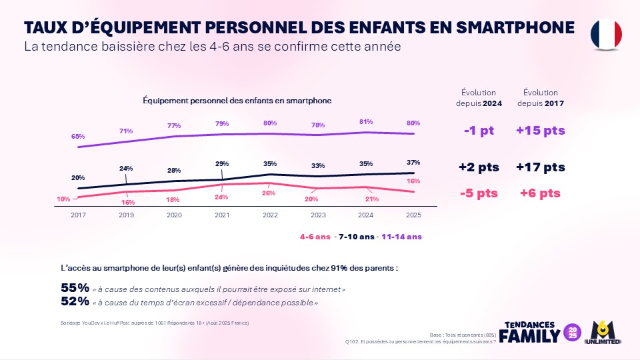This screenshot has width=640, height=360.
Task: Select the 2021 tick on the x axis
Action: pyautogui.click(x=222, y=215)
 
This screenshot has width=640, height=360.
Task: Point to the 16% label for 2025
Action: pyautogui.click(x=413, y=181)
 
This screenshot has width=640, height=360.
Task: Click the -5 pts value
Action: pyautogui.click(x=479, y=193)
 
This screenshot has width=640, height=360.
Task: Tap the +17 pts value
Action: pyautogui.click(x=540, y=167)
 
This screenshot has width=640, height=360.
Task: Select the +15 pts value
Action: pyautogui.click(x=540, y=131)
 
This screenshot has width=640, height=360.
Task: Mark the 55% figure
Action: pyautogui.click(x=75, y=289)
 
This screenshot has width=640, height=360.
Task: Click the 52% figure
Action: pyautogui.click(x=75, y=301)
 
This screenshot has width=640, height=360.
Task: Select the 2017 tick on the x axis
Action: pyautogui.click(x=78, y=215)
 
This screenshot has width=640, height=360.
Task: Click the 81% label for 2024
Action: pyautogui.click(x=365, y=121)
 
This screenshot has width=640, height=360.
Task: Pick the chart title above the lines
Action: pyautogui.click(x=237, y=101)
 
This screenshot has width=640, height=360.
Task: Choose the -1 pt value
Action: pyautogui.click(x=479, y=131)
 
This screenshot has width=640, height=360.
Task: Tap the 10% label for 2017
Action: pyautogui.click(x=63, y=199)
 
